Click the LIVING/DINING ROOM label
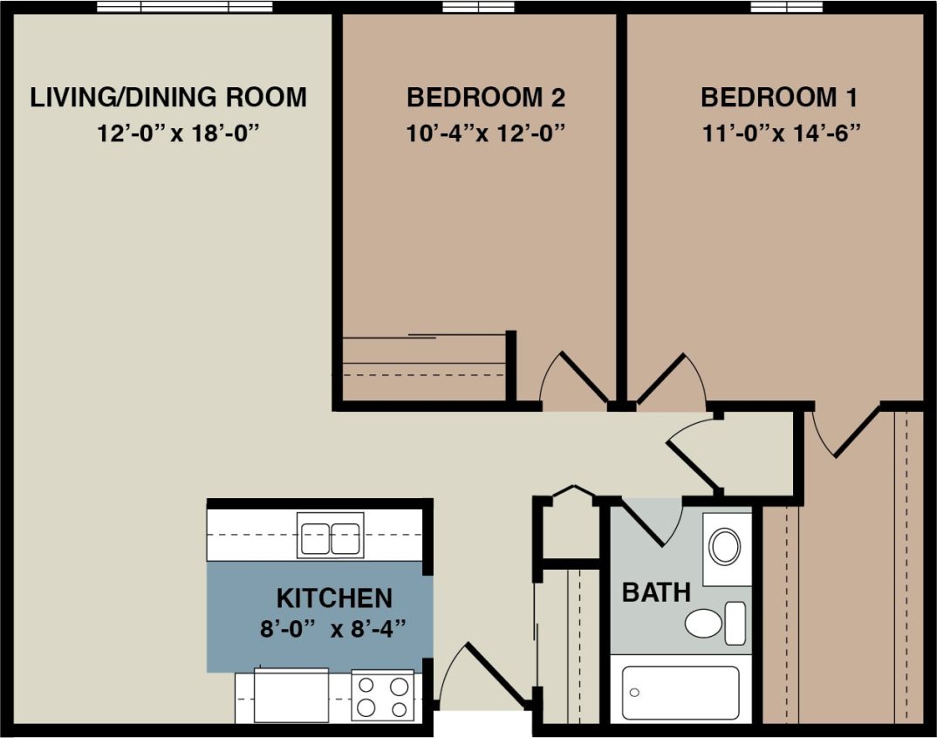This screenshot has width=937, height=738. tap(168, 97)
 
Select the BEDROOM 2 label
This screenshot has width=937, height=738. tap(486, 97)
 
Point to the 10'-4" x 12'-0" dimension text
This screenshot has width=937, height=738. tap(486, 134)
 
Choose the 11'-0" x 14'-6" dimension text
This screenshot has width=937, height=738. tap(780, 134)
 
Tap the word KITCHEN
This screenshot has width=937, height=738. tap(334, 598)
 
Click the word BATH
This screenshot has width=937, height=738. tap(656, 593)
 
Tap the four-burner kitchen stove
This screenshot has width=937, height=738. tap(382, 695)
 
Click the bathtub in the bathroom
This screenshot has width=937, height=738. tap(681, 693)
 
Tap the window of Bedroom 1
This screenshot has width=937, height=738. tap(787, 7)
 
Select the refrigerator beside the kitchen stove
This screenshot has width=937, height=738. tap(291, 695)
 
